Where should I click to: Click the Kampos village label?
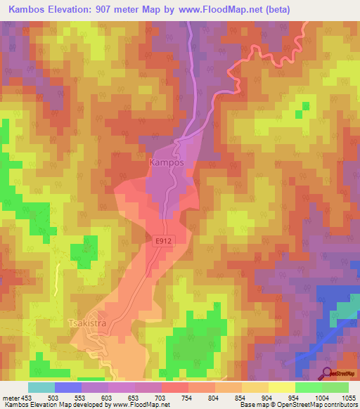click(167, 162)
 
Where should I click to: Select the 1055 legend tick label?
click(348, 398)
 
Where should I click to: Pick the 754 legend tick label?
click(188, 398)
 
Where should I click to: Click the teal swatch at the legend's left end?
click(41, 387)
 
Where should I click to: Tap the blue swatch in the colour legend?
click(68, 387)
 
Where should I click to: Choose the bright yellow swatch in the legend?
click(282, 387)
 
